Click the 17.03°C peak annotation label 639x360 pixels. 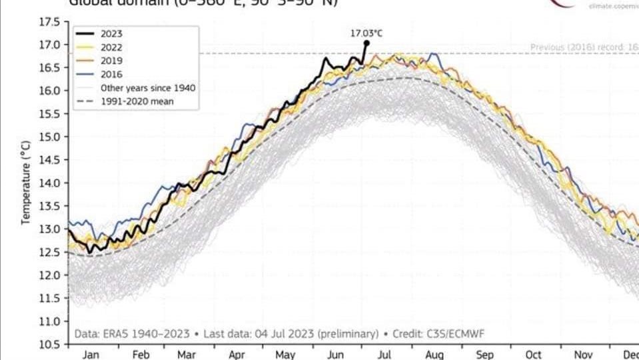coord(366,31)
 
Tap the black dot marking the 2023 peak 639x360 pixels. coord(366,43)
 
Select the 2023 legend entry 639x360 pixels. coord(111,33)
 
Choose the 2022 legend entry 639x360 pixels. coord(111,47)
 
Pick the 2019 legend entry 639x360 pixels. coord(111,61)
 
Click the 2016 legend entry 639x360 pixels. coord(111,74)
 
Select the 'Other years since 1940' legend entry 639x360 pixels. coord(147,87)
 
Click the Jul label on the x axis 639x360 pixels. coord(384,355)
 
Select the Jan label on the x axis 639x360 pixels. coord(91,355)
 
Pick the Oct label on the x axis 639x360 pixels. coord(533,355)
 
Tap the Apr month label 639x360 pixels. coord(237,355)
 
